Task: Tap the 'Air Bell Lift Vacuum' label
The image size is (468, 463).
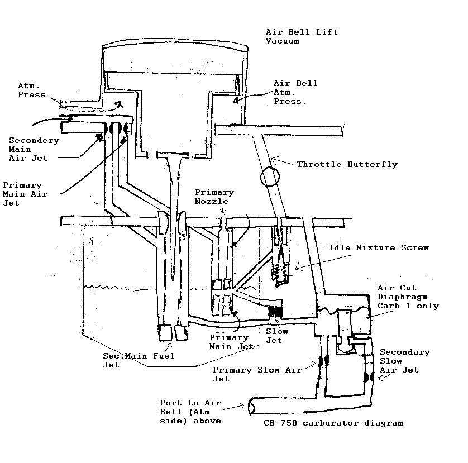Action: pos(302,36)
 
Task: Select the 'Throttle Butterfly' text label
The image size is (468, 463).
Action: pos(347,164)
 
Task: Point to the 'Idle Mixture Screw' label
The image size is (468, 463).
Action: pos(379,247)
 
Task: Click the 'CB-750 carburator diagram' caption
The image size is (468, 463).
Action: pos(333,423)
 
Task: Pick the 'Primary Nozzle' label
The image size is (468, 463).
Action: pos(214,197)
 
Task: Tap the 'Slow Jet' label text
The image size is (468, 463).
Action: pos(277,336)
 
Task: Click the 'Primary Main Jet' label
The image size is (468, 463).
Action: pos(231,342)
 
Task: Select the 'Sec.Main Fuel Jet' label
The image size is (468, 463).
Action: pos(139,360)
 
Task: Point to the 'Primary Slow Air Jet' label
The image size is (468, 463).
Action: pos(257,374)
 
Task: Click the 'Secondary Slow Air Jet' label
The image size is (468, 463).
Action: pos(404,361)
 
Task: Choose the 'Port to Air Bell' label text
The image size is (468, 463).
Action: pos(190,412)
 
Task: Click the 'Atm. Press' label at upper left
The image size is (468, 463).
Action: pos(32,90)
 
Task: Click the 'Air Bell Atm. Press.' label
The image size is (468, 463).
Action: pos(295,93)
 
